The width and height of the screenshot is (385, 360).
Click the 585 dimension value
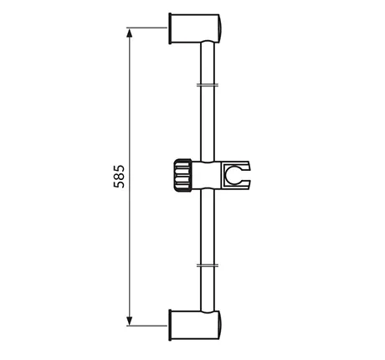click(119, 177)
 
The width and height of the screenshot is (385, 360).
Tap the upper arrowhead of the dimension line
click(129, 33)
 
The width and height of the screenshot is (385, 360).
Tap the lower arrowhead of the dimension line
click(129, 321)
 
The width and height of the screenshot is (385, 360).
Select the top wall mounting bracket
click(195, 28)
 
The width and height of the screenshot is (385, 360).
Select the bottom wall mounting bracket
click(195, 325)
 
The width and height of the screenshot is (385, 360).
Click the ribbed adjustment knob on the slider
click(182, 176)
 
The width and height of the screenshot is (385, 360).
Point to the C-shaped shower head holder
click(236, 175)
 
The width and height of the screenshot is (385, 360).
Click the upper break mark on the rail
click(208, 85)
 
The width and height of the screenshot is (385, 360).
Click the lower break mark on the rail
click(208, 265)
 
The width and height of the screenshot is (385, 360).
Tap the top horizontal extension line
click(146, 28)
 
